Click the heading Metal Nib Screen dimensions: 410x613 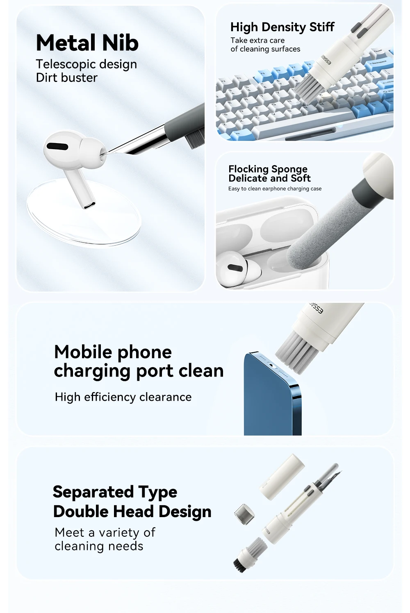pos(87,43)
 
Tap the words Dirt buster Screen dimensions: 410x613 pos(66,78)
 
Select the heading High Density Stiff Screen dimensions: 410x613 pos(282,27)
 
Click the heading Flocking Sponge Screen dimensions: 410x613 pos(268,169)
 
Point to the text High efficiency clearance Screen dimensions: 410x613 pos(123,397)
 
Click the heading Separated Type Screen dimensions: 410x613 pos(115,492)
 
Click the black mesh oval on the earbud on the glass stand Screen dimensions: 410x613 pos(57,146)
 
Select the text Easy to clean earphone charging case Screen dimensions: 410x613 pos(275,188)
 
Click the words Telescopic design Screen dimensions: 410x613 pos(86,65)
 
